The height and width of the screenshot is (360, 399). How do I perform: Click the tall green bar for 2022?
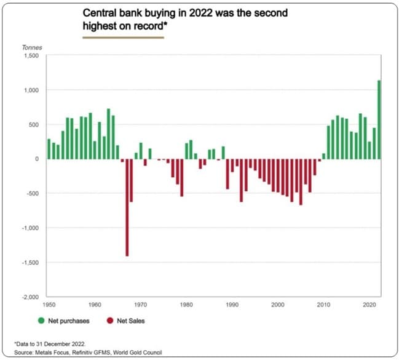(379, 119)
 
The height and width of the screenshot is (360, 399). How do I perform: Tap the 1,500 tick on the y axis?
(30, 56)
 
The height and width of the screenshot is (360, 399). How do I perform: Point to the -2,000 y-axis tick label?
(28, 297)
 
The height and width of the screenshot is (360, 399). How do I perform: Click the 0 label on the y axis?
(36, 159)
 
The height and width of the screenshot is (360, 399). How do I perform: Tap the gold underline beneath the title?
(123, 37)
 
